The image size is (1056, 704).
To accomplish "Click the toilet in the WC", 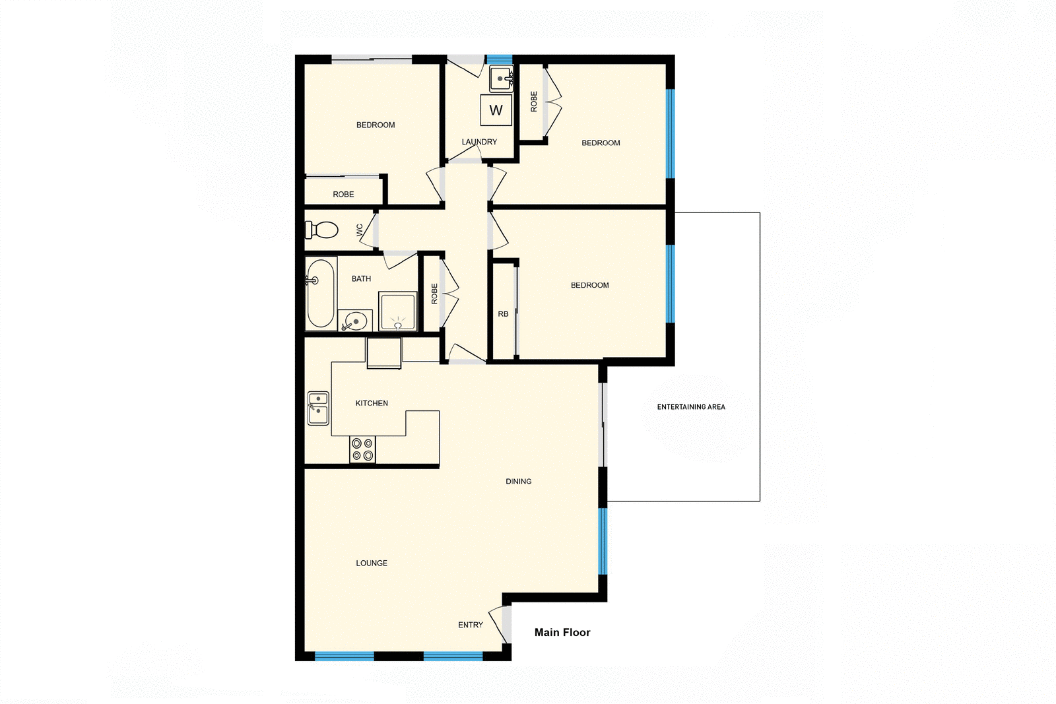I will pyautogui.click(x=321, y=230).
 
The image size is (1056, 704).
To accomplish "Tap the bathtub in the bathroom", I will pyautogui.click(x=320, y=293).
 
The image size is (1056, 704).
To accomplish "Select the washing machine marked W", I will pyautogui.click(x=496, y=110).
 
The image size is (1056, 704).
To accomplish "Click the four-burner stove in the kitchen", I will pyautogui.click(x=362, y=449).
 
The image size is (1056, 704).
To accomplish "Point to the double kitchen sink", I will pyautogui.click(x=318, y=408).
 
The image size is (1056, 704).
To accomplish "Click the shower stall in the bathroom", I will pyautogui.click(x=397, y=311).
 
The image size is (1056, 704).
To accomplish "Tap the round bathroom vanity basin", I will pyautogui.click(x=356, y=321).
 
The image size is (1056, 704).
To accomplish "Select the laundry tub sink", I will pyautogui.click(x=501, y=79).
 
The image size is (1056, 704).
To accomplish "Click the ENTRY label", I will pyautogui.click(x=471, y=625).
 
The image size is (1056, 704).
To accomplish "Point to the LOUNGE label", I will pyautogui.click(x=372, y=563).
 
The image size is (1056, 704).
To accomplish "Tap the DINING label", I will pyautogui.click(x=519, y=482).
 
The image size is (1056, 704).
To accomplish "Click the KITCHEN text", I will pyautogui.click(x=372, y=403).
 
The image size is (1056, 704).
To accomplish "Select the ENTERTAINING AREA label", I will pyautogui.click(x=691, y=407).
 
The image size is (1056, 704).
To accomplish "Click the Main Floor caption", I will pyautogui.click(x=562, y=632).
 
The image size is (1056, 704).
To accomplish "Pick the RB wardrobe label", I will pyautogui.click(x=503, y=314).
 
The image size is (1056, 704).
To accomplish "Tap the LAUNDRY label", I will pyautogui.click(x=479, y=142).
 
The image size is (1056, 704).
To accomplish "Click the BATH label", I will pyautogui.click(x=361, y=278).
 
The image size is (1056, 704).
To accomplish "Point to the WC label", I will pyautogui.click(x=360, y=230).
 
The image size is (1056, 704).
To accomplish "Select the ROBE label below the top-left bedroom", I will pyautogui.click(x=343, y=195).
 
